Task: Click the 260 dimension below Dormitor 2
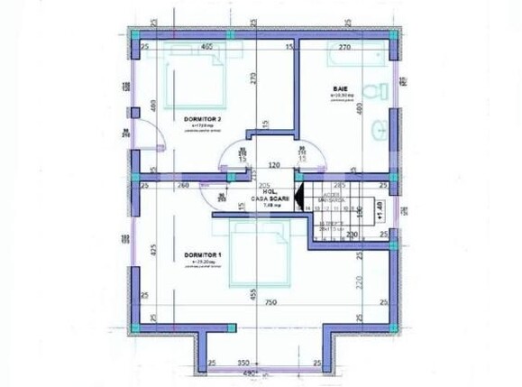(x=183, y=185)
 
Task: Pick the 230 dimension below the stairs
(x=353, y=235)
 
